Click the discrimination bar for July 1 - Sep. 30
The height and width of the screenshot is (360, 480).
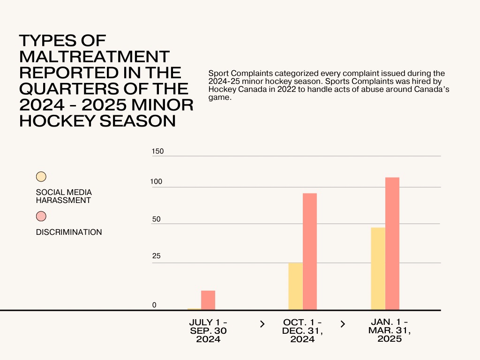point(208,300)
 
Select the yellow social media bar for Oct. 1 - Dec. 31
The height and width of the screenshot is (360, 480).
point(295,286)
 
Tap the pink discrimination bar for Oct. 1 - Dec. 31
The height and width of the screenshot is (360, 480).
point(310,251)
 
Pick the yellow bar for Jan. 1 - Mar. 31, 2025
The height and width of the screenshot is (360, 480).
point(378,268)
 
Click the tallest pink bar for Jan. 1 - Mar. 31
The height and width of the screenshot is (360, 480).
point(392,243)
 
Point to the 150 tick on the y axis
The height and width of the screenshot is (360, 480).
point(158,151)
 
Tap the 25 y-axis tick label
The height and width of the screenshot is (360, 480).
point(156,256)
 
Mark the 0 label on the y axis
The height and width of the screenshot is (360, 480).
point(154,305)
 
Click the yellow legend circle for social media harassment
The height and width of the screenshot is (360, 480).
point(41,177)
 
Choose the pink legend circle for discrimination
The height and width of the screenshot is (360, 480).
point(41,216)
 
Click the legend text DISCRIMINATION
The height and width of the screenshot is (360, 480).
point(69,232)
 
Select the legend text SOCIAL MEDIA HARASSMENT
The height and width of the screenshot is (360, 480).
point(64,196)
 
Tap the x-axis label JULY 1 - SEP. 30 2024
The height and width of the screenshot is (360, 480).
point(208,331)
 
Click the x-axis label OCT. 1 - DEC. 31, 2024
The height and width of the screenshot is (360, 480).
point(302,331)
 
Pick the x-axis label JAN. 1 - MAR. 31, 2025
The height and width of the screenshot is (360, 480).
point(390,330)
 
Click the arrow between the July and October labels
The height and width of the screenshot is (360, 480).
point(262,324)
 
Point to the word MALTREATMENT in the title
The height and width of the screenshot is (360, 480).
point(94,57)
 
